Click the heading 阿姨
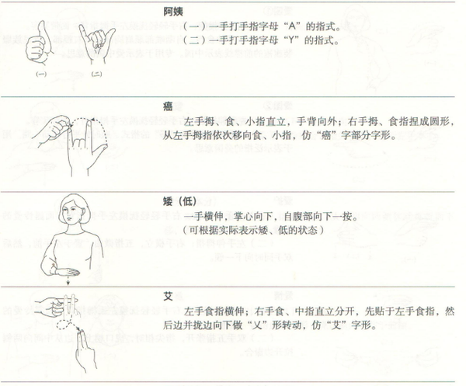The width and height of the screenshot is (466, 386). click(173, 12)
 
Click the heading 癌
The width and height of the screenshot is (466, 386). click(169, 106)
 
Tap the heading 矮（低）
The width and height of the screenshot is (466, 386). click(180, 201)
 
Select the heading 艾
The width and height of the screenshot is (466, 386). click(169, 296)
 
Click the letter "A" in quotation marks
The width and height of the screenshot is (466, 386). click(293, 26)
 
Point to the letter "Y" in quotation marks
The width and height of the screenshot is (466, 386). click(291, 40)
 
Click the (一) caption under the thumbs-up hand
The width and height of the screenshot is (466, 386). click(41, 74)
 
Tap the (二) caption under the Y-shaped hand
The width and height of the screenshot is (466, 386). click(96, 74)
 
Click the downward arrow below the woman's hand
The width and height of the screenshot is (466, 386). click(68, 281)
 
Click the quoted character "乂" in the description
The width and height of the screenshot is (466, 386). click(258, 325)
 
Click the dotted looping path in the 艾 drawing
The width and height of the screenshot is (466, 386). click(66, 325)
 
